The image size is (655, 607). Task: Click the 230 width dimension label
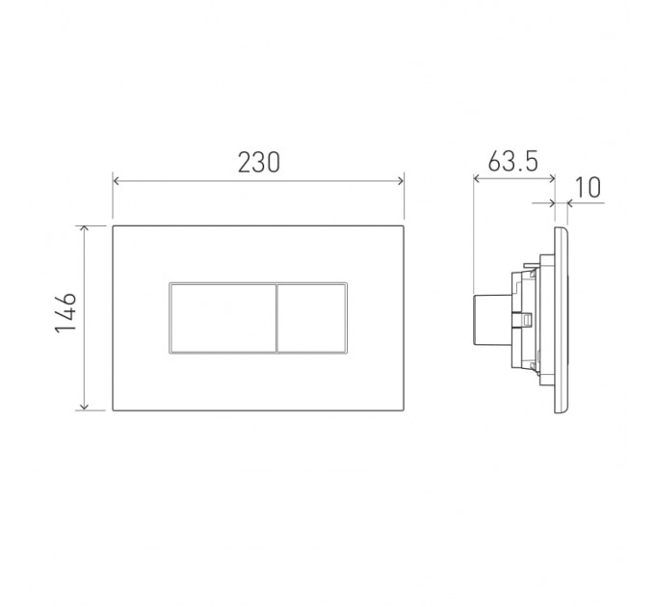258,163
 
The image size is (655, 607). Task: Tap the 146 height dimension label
66,312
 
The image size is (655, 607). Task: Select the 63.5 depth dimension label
512,161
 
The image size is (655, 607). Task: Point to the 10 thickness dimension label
589,188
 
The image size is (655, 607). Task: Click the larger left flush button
223,318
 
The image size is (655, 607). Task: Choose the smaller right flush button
312,318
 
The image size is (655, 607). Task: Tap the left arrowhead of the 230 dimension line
117,181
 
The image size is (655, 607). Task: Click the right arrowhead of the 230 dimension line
400,181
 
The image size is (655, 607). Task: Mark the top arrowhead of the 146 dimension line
85,229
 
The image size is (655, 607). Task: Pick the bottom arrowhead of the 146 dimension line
85,407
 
